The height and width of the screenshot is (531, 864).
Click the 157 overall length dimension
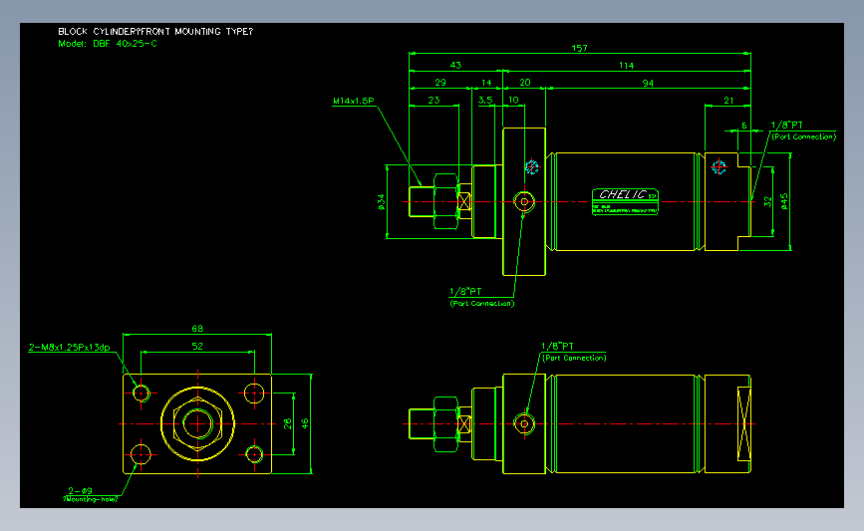(578, 48)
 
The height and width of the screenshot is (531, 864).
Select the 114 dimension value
(626, 66)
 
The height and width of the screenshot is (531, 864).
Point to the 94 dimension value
(648, 84)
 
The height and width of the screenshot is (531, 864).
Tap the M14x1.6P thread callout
(353, 101)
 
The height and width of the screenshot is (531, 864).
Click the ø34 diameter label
(381, 202)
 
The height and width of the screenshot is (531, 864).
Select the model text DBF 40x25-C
(108, 44)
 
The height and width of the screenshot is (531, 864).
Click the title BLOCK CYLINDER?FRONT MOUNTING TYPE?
(155, 32)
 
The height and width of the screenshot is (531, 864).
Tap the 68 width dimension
(197, 328)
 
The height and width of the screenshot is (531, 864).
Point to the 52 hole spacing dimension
(197, 346)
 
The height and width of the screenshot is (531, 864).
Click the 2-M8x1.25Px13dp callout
(70, 348)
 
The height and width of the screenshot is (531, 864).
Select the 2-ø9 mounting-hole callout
(80, 490)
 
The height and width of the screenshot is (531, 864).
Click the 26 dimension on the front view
(287, 423)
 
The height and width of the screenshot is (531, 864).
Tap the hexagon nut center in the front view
(197, 423)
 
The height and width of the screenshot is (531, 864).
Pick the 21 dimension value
(728, 101)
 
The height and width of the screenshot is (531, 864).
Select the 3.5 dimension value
(485, 101)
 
